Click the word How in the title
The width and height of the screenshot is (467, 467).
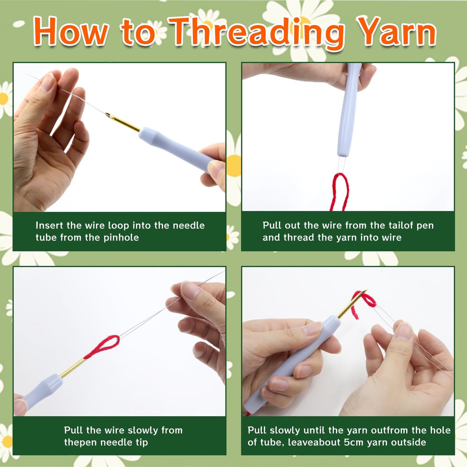tap(71, 31)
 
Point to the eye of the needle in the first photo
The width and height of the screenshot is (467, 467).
tap(109, 116)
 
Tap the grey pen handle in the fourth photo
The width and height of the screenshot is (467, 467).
tap(291, 364)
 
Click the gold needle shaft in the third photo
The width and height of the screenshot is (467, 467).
tap(73, 367)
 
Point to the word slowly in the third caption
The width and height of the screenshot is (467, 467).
tap(143, 430)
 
